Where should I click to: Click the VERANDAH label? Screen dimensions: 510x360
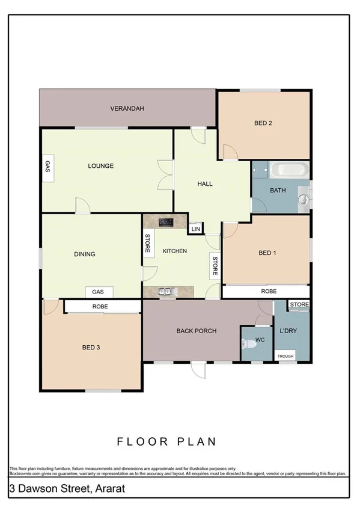127,109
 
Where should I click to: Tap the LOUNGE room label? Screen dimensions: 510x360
100,166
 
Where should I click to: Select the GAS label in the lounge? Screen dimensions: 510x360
47,167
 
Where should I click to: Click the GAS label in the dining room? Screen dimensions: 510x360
99,292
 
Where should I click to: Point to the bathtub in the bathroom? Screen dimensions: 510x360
289,170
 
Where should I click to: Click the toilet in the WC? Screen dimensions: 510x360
248,344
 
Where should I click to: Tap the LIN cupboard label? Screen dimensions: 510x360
195,229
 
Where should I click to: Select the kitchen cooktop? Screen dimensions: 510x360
166,222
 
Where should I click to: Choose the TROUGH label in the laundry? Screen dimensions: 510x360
285,356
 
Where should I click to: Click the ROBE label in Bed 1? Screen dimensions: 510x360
268,291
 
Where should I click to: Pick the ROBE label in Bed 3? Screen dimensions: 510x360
100,307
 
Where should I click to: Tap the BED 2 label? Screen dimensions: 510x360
263,123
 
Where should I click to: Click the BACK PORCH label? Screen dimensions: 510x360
196,331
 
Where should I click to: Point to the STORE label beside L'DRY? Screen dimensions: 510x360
299,305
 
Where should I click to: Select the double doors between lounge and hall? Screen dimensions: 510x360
164,175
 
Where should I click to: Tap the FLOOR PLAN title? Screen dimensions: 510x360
166,441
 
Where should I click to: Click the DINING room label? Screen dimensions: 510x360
84,254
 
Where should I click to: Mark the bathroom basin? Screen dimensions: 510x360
304,200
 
